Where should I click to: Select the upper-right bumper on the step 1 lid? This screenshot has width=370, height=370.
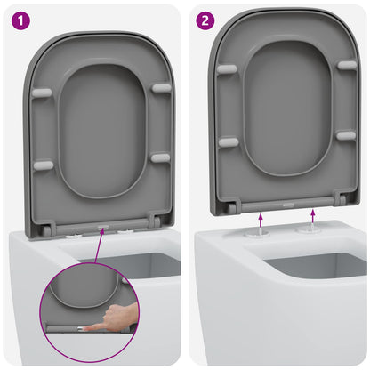tap(161, 87)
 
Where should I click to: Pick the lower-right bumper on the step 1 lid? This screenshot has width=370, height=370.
tap(160, 157)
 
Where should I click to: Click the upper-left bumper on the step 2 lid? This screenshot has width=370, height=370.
tap(227, 68)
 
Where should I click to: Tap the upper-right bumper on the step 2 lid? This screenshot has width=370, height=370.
tap(346, 65)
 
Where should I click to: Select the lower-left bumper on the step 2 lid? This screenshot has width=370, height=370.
tap(229, 141)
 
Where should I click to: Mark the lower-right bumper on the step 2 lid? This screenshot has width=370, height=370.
tap(345, 135)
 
